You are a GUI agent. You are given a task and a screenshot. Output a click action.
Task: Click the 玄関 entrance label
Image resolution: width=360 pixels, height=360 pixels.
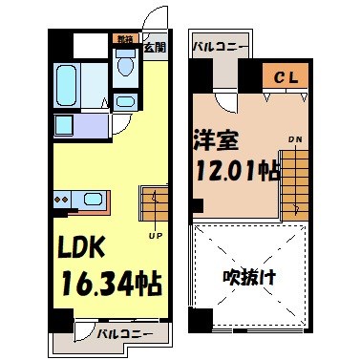click(x=154, y=46)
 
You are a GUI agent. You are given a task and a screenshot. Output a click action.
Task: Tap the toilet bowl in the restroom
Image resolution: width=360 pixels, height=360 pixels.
click(x=125, y=63)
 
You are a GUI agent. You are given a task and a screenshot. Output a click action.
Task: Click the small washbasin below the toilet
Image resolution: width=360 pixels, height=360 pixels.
click(x=125, y=101)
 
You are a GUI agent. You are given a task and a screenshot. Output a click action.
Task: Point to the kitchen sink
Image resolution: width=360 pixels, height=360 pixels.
click(x=92, y=199)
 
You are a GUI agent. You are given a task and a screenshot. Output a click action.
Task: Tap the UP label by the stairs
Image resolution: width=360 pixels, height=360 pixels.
click(x=153, y=234)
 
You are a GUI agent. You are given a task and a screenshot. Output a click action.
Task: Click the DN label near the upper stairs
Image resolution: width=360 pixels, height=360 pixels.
click(x=296, y=139)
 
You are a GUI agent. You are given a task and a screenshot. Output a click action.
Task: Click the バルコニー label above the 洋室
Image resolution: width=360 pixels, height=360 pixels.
click(x=221, y=45)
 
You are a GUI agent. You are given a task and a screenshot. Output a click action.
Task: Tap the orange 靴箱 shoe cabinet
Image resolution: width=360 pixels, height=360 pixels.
click(x=124, y=40)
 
